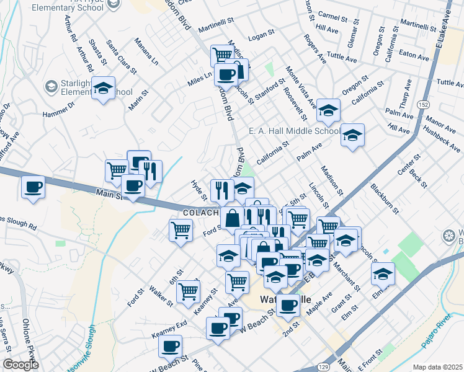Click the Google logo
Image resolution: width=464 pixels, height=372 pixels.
(x=20, y=365)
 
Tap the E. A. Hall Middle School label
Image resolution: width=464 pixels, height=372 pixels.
(x=294, y=131)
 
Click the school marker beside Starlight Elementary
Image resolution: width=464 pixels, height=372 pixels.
(x=104, y=88)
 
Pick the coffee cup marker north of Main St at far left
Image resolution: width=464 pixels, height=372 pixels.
(x=33, y=187)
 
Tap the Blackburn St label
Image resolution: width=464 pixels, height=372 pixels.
(x=382, y=196)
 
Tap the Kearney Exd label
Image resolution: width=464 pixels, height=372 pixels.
(x=169, y=330)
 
